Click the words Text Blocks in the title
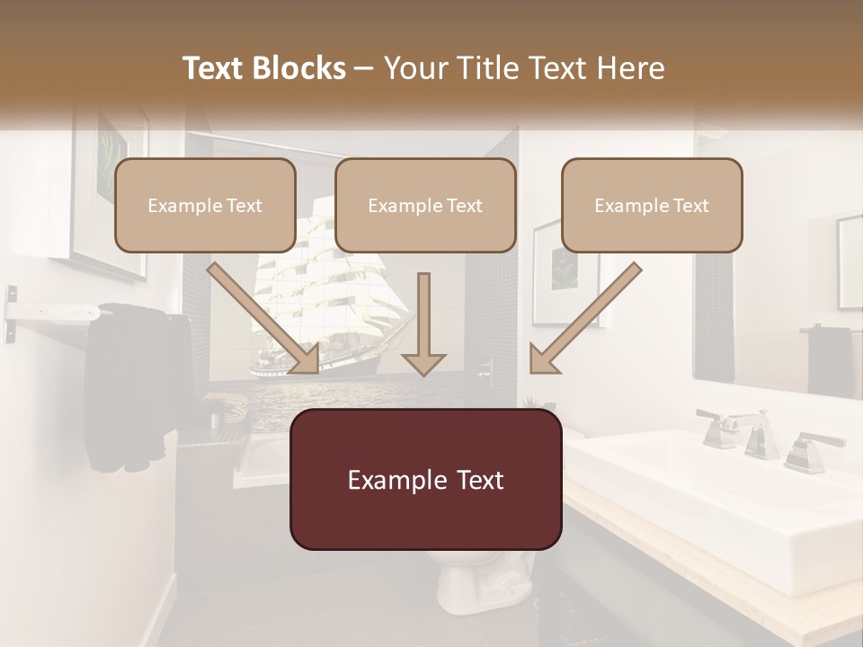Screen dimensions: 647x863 [263, 68]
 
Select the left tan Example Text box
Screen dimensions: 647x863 [205, 206]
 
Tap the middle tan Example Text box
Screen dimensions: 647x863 [425, 206]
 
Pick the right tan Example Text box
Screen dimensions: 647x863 [652, 206]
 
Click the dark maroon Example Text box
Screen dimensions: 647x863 [425, 480]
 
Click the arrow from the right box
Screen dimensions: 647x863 [584, 320]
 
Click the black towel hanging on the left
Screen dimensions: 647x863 [126, 386]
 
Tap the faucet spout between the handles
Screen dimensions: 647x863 [755, 435]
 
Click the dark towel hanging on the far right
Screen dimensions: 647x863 [829, 359]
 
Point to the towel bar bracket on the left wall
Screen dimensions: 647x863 [11, 314]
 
